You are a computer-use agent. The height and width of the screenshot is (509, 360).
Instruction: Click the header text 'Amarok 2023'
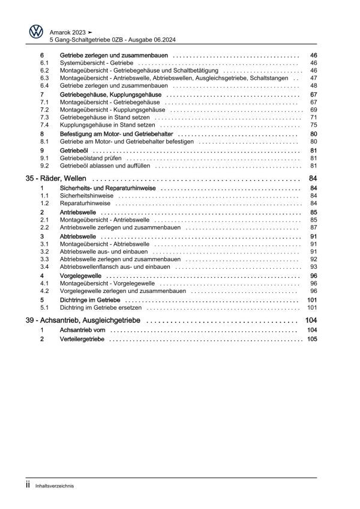click(68, 31)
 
